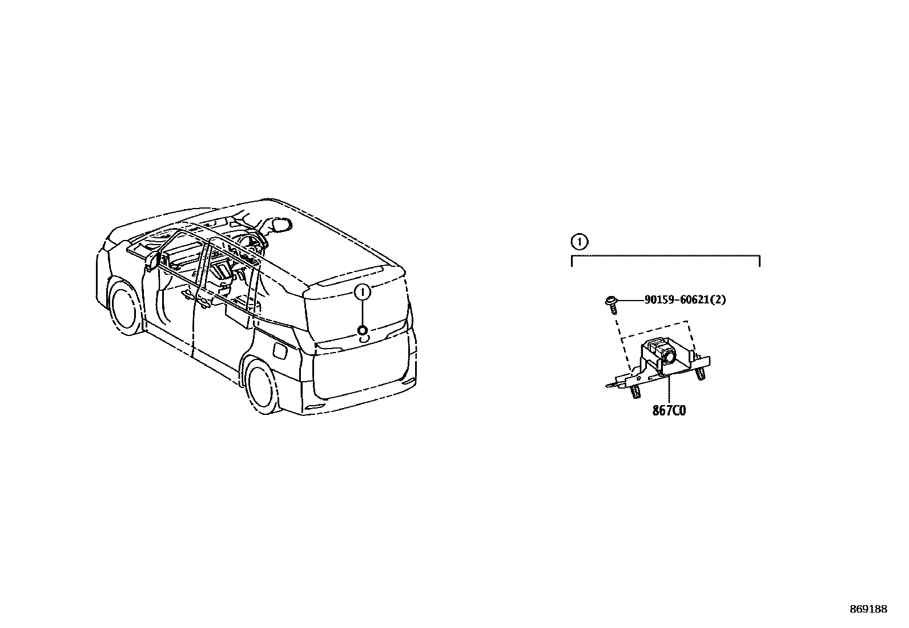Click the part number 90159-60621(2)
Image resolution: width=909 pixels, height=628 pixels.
[x=685, y=299]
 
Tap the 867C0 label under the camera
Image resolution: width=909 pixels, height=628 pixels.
[x=669, y=411]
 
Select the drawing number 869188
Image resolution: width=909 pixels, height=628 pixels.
[x=868, y=609]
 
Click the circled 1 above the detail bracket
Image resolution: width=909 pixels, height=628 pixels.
[x=579, y=242]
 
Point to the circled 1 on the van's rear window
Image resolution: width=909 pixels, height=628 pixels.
[x=362, y=291]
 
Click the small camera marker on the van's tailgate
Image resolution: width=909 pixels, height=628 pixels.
[x=362, y=330]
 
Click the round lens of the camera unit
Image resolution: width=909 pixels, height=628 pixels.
[x=669, y=357]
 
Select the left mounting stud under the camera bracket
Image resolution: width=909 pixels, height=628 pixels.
[x=635, y=391]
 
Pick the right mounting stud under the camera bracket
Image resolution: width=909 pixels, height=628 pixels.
[x=700, y=373]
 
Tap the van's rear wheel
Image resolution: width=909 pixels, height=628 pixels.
[x=263, y=384]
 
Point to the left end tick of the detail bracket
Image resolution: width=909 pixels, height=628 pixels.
[x=572, y=261]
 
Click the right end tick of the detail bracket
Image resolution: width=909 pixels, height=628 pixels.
[x=759, y=261]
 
